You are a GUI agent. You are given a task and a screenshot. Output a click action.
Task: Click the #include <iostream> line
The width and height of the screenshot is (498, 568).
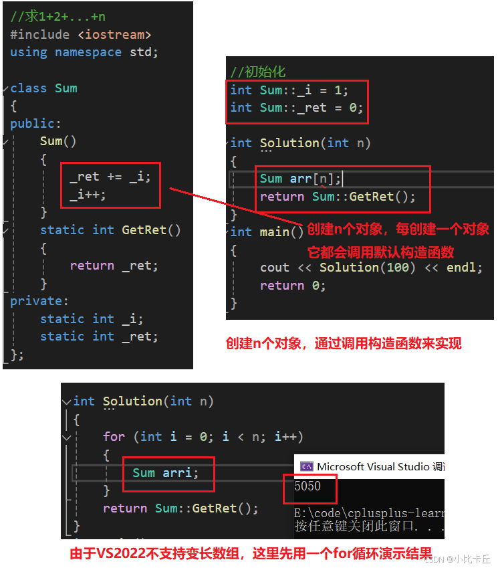tap(80, 34)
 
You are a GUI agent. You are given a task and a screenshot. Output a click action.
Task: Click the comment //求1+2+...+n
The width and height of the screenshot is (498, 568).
tap(57, 17)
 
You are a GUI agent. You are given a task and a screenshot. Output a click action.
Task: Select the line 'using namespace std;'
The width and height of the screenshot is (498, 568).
tap(84, 52)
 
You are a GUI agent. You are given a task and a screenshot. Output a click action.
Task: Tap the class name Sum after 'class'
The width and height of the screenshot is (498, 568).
tap(66, 88)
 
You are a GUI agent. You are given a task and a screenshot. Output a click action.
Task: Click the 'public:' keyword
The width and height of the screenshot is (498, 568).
tap(35, 123)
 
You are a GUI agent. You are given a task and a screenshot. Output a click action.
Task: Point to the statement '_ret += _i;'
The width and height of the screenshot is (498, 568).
tap(110, 177)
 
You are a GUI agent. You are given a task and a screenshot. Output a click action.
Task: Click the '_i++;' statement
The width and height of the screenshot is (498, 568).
tap(88, 194)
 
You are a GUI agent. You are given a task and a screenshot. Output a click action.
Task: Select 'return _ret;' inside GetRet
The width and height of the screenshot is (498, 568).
tap(114, 266)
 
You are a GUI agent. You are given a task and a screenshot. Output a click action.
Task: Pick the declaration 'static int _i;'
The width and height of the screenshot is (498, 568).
tap(92, 319)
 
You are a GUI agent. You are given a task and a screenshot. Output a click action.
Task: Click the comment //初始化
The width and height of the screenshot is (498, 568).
tap(258, 72)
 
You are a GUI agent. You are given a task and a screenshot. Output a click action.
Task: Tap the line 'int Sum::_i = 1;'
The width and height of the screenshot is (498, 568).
tap(289, 90)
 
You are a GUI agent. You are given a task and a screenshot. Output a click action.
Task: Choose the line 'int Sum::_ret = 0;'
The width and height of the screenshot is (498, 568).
tap(296, 108)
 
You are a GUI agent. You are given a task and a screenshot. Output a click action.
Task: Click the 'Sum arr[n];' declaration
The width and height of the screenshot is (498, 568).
tap(301, 179)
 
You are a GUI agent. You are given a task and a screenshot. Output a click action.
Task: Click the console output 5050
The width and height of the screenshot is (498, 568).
tap(307, 486)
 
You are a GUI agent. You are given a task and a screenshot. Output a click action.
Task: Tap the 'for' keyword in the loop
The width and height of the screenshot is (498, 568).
tap(114, 436)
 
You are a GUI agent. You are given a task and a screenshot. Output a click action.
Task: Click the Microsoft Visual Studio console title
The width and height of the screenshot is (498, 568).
tap(374, 466)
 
